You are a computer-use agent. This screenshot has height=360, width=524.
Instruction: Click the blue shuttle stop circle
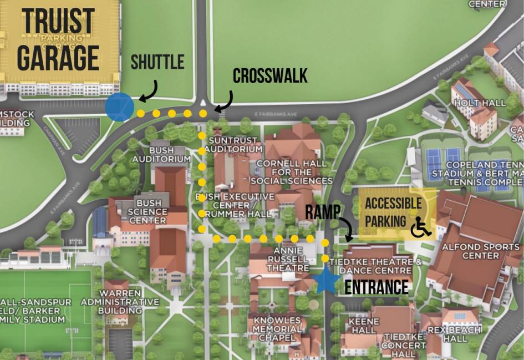tap(119, 107)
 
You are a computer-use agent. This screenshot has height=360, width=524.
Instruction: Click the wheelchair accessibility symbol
tap(421, 226)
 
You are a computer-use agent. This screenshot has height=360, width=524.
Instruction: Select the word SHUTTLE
tap(157, 62)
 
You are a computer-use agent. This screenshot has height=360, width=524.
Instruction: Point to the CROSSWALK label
tap(270, 76)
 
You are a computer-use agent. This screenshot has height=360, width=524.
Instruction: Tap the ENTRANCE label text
tap(377, 287)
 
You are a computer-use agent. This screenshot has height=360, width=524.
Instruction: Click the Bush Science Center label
tap(151, 212)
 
